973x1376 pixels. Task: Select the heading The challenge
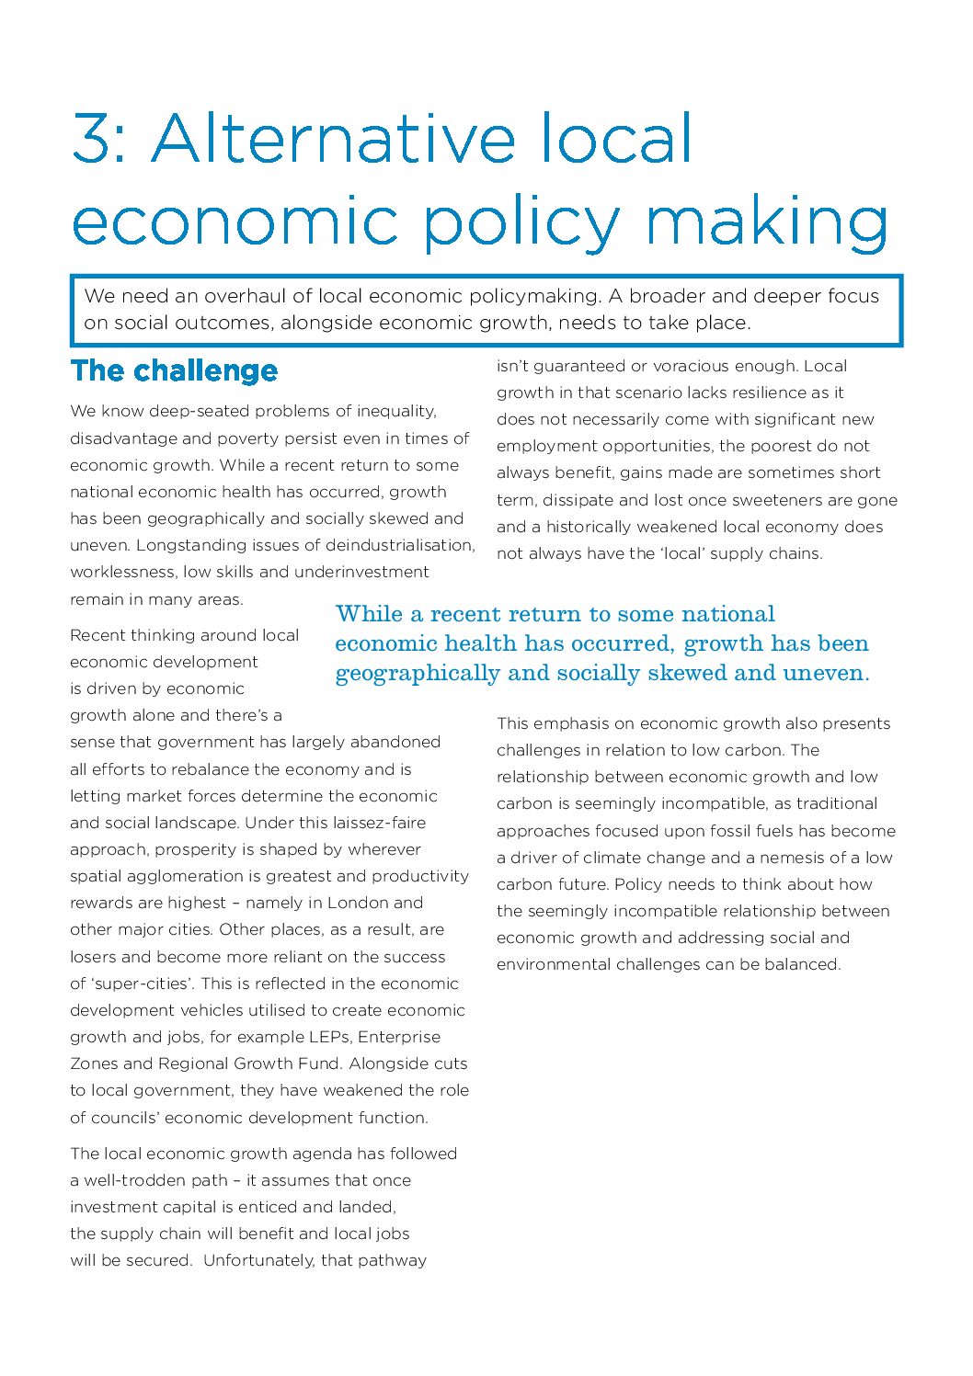174,371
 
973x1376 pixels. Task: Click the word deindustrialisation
400,545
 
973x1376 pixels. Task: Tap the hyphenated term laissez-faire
374,823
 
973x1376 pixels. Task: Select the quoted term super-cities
142,984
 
